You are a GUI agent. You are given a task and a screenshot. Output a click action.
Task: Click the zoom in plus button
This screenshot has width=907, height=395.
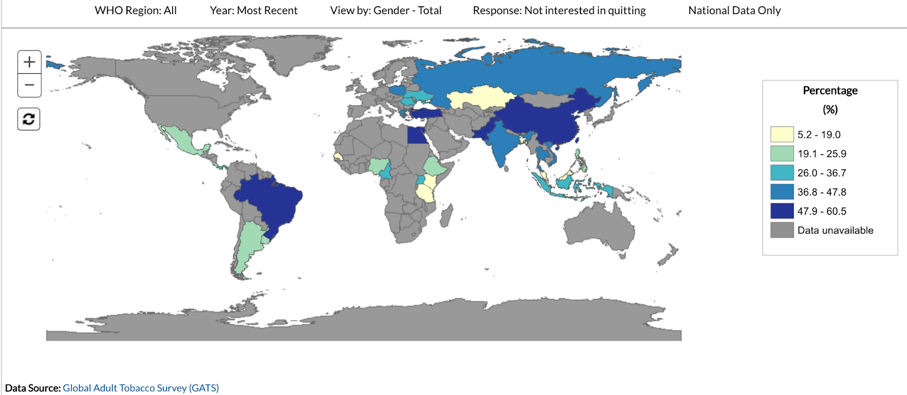[x=29, y=62]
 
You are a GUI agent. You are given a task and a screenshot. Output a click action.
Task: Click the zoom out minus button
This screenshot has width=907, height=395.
[x=29, y=86]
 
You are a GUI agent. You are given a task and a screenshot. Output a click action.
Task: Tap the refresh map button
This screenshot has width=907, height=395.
[x=29, y=119]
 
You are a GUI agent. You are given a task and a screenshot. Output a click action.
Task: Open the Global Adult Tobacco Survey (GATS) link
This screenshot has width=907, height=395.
[x=141, y=388]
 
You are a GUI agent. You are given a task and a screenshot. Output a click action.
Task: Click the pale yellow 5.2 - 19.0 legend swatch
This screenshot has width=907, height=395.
[x=782, y=134]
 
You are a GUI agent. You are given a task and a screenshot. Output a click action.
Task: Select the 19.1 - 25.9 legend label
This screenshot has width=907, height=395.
[x=821, y=154]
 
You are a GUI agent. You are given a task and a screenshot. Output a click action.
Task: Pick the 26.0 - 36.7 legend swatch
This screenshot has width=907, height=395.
[x=782, y=173]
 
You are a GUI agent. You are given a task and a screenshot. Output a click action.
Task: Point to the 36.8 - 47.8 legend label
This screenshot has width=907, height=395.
[x=821, y=192]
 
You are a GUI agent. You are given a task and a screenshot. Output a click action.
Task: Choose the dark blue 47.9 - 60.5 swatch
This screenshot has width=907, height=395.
[x=782, y=211]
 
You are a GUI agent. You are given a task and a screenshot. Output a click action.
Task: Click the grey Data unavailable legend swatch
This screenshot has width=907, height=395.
[x=782, y=230]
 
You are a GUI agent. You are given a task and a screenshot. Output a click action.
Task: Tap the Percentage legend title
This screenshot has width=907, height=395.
[x=830, y=91]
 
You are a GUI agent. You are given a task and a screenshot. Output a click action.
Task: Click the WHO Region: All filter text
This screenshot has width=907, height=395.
[x=135, y=10]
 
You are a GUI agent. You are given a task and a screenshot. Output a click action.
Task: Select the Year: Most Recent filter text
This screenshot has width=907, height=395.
[x=253, y=10]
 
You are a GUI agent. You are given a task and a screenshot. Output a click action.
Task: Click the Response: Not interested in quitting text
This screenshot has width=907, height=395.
[x=559, y=10]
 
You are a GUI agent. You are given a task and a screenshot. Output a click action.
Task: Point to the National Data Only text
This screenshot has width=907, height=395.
[x=734, y=10]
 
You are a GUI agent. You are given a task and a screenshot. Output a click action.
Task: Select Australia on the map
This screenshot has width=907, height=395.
[x=601, y=227]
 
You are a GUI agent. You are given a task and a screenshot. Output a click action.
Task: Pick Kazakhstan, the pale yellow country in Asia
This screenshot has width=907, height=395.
[x=482, y=97]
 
